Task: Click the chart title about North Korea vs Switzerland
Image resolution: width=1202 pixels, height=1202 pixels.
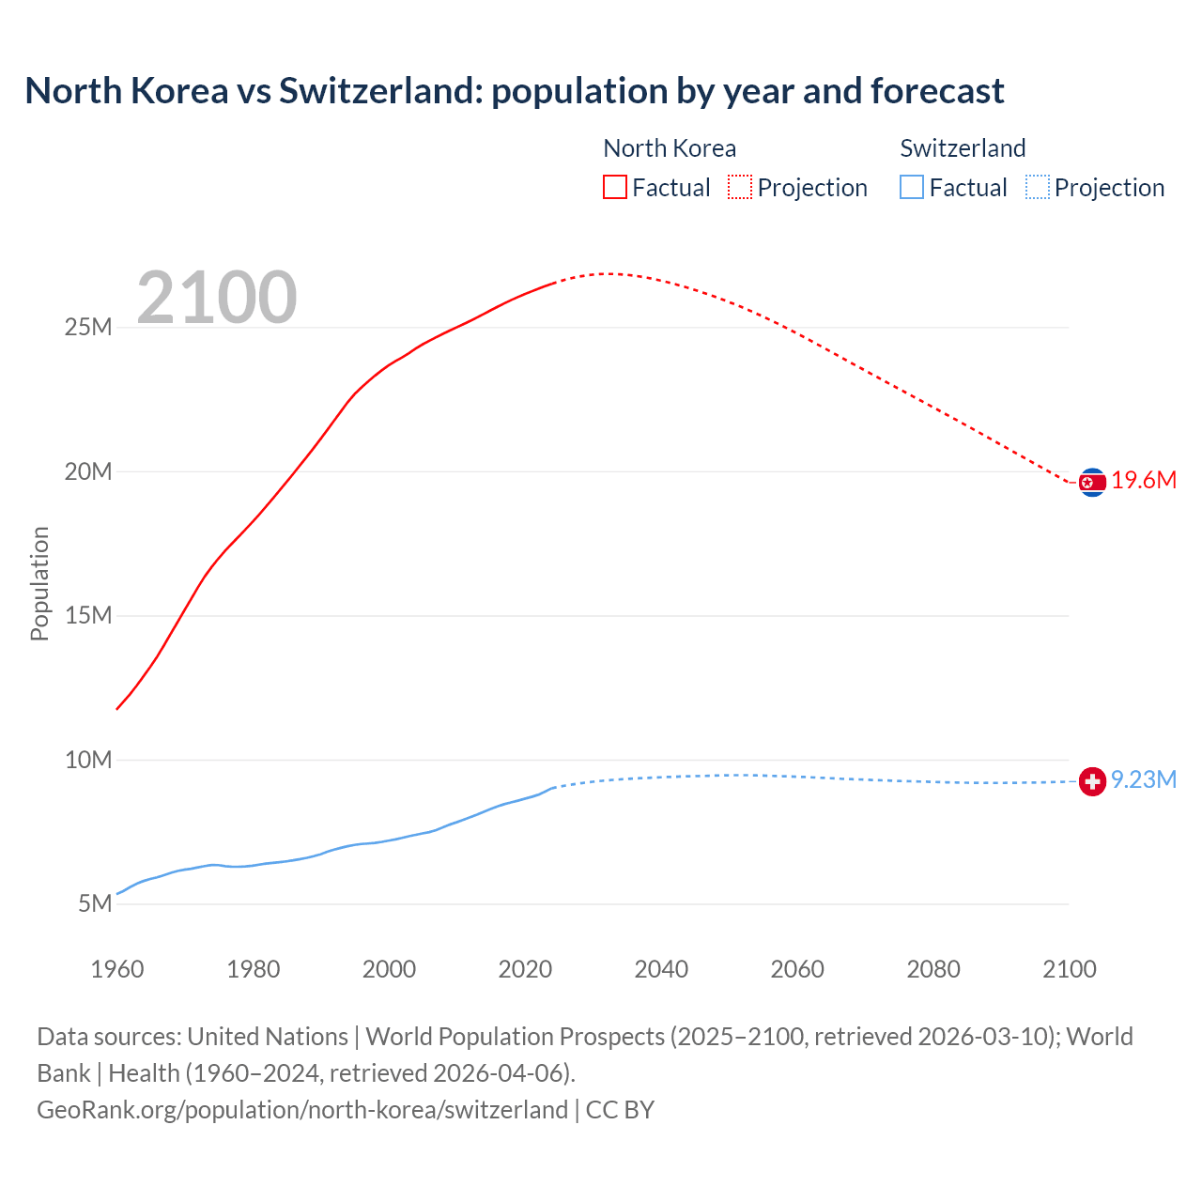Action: point(514,91)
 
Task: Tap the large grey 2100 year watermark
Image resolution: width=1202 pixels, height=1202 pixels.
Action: point(217,298)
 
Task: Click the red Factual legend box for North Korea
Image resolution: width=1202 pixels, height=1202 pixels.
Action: point(614,187)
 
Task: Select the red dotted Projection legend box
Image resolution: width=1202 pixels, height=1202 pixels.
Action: point(740,187)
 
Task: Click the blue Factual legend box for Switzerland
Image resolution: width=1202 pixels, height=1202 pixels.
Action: point(912,187)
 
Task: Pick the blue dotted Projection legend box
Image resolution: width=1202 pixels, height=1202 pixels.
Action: point(1038,187)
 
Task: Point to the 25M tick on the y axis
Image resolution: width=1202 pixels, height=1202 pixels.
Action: point(88,327)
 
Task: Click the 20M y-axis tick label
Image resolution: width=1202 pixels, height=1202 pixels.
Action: point(88,471)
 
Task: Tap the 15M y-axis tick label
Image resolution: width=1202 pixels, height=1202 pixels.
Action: point(88,615)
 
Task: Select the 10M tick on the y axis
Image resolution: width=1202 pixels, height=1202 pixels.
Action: point(88,760)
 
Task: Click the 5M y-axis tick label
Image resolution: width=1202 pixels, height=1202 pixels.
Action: point(95,903)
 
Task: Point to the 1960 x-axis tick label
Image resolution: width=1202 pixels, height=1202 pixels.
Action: point(117,969)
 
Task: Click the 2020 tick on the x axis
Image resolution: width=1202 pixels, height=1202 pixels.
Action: point(525,969)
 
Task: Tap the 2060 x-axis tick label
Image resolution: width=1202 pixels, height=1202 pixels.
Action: point(797,969)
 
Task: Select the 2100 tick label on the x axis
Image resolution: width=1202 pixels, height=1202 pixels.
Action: point(1070,969)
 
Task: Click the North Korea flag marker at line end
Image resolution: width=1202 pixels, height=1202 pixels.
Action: point(1092,483)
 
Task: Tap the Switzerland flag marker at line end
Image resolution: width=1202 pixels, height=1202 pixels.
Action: point(1092,781)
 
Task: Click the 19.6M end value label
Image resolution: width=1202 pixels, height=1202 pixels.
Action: point(1144,481)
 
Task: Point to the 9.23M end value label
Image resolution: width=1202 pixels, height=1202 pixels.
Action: point(1144,780)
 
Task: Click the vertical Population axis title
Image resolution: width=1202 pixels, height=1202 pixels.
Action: point(39,583)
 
